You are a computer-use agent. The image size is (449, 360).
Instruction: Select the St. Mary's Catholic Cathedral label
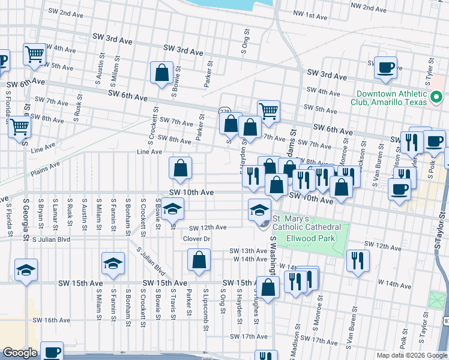(x=307, y=223)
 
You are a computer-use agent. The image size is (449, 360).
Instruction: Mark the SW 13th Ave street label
(x=247, y=251)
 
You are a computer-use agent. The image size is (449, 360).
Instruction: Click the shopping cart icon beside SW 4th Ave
(x=35, y=54)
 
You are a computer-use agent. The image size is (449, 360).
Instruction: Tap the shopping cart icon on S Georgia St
(x=20, y=127)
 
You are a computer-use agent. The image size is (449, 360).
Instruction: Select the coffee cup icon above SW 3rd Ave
(x=385, y=67)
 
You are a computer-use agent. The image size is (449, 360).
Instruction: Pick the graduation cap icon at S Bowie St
(x=172, y=208)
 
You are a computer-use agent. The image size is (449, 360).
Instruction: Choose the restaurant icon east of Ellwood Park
(x=357, y=260)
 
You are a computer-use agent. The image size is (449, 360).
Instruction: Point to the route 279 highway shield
(x=224, y=111)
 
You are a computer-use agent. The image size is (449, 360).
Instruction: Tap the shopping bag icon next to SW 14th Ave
(x=199, y=260)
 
